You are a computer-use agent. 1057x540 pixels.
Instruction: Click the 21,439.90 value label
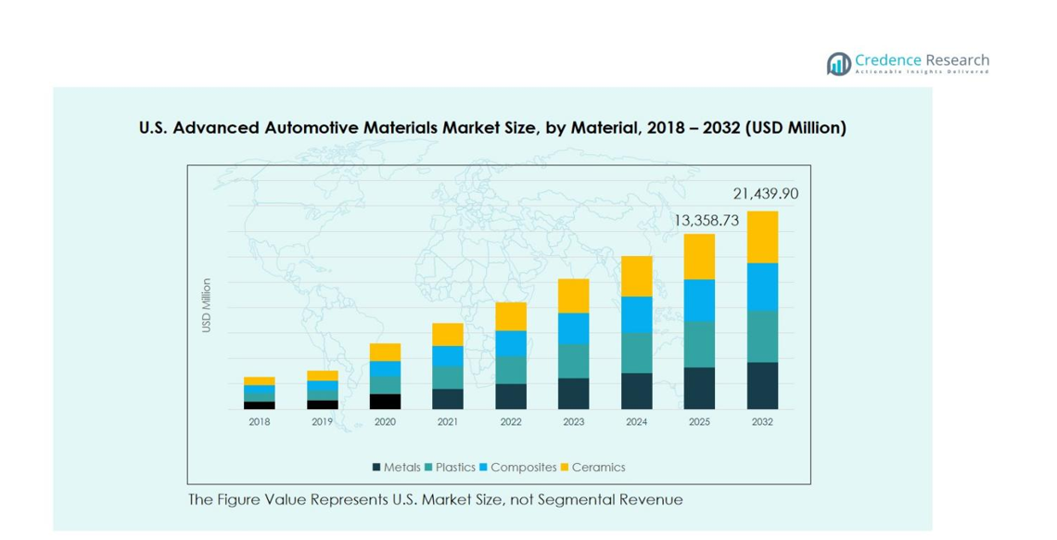tap(765, 194)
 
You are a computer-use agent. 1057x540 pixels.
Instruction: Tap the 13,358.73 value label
tap(707, 221)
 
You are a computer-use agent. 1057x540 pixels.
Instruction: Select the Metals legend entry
tap(396, 468)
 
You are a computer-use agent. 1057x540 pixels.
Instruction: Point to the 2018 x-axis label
tap(260, 422)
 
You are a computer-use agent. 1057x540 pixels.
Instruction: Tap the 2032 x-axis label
tap(762, 422)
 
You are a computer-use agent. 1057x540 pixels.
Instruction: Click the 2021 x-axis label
tap(448, 422)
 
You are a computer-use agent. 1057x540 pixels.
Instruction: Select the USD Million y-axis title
tap(207, 306)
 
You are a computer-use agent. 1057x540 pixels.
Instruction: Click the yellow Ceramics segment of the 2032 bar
tap(762, 238)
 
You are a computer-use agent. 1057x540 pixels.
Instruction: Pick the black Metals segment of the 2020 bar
tap(385, 402)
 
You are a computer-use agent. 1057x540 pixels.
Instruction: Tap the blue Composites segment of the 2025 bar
tap(699, 301)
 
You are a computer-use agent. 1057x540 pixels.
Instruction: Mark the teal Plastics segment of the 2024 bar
tap(637, 353)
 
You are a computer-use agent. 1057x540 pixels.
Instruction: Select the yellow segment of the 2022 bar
tap(511, 316)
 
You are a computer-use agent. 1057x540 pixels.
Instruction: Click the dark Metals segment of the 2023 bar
tap(574, 393)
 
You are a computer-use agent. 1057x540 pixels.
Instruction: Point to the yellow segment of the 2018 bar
tap(260, 381)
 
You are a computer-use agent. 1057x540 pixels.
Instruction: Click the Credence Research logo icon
tap(839, 64)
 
